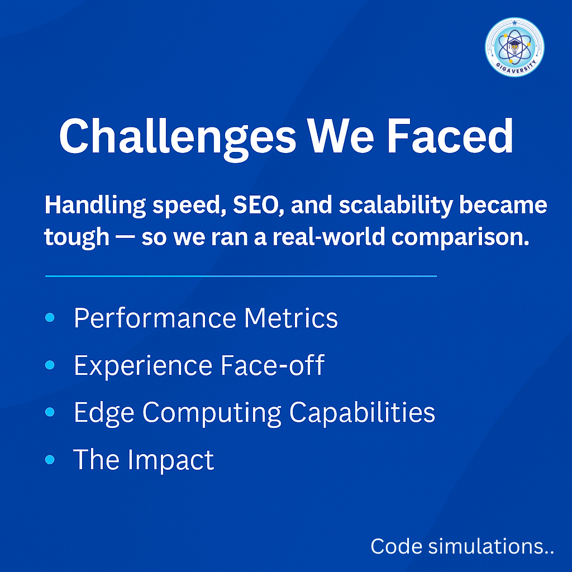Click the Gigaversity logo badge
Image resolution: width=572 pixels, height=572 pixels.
(x=514, y=47)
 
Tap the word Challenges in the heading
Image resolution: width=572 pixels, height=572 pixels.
(x=178, y=137)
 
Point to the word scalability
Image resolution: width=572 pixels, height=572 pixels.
(x=396, y=206)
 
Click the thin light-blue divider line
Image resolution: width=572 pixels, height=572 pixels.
(x=241, y=276)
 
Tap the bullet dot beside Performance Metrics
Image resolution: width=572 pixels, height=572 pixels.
(x=50, y=317)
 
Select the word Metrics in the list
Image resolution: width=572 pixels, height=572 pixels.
(x=290, y=318)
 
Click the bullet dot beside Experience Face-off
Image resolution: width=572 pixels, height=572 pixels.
(x=50, y=365)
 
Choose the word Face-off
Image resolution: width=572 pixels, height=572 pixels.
(x=273, y=365)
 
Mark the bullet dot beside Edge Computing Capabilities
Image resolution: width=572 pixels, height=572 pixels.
(x=50, y=412)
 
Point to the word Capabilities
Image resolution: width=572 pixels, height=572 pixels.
(x=362, y=413)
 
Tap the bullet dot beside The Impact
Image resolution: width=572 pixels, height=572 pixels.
(x=50, y=459)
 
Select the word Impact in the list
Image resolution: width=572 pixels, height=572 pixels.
(x=171, y=461)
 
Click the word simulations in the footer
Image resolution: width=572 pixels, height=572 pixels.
(x=491, y=546)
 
